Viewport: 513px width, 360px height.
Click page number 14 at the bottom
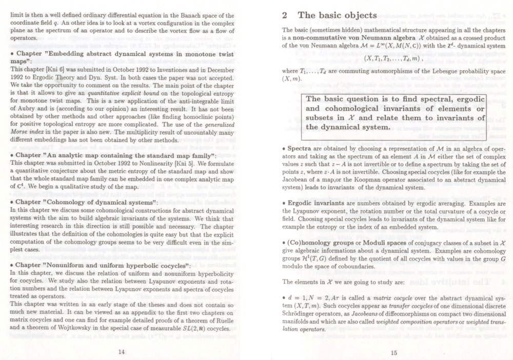tap(121, 338)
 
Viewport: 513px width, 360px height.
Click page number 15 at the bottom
tap(394, 338)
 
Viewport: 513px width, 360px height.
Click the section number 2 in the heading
tap(285, 16)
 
